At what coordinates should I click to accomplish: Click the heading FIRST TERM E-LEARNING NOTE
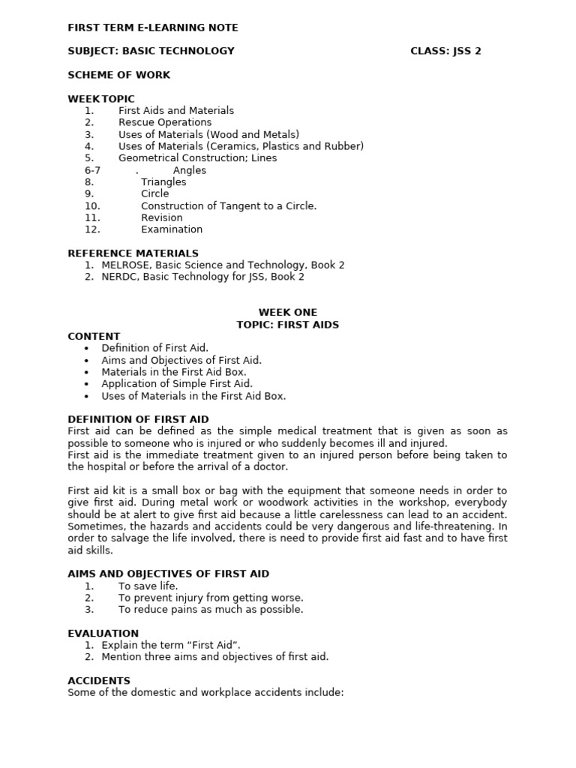(153, 28)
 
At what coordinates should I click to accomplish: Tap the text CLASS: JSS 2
(445, 51)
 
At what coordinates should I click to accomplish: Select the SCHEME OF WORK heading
(118, 75)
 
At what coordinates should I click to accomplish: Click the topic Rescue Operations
(165, 122)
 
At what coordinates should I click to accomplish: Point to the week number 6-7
(92, 170)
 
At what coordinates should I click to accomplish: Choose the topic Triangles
(163, 182)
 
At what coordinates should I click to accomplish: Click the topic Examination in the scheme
(172, 229)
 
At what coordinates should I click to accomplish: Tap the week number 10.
(92, 206)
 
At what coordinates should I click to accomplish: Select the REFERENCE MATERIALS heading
(133, 253)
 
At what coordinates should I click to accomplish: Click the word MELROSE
(125, 265)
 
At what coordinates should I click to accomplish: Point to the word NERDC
(119, 277)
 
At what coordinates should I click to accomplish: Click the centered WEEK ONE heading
(288, 313)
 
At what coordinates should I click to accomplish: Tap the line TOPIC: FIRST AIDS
(288, 325)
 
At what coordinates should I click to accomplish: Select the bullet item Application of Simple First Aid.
(177, 384)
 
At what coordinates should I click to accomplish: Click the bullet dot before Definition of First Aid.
(87, 349)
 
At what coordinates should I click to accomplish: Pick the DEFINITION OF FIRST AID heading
(138, 419)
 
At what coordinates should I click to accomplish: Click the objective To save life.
(148, 586)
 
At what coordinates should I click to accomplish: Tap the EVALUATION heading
(103, 634)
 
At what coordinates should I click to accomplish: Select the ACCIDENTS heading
(99, 681)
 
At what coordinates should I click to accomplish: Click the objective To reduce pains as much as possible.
(211, 610)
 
